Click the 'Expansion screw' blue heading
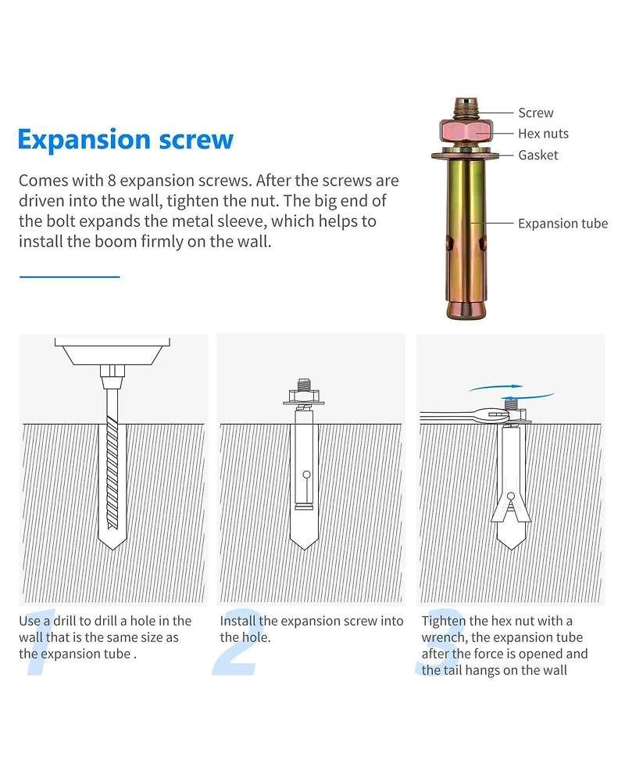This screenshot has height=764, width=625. point(126,140)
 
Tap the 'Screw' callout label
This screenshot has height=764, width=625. point(535,113)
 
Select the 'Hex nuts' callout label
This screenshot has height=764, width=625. point(543,134)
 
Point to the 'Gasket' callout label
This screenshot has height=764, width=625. point(537,155)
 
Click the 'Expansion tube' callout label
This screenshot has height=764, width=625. point(562,224)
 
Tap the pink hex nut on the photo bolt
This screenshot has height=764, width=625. point(467,131)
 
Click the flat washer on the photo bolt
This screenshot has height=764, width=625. point(466,156)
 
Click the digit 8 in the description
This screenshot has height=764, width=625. point(112,181)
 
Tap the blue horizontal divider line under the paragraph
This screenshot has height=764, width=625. point(70,277)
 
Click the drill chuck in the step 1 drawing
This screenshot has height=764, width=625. point(112,376)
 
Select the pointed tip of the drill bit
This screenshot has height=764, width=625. point(112,549)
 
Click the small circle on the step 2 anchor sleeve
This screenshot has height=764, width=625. point(306,475)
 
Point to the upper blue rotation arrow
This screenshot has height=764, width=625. point(497,388)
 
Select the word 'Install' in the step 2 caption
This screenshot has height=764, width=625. point(237,621)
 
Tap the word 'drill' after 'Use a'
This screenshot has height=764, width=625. point(64,621)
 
